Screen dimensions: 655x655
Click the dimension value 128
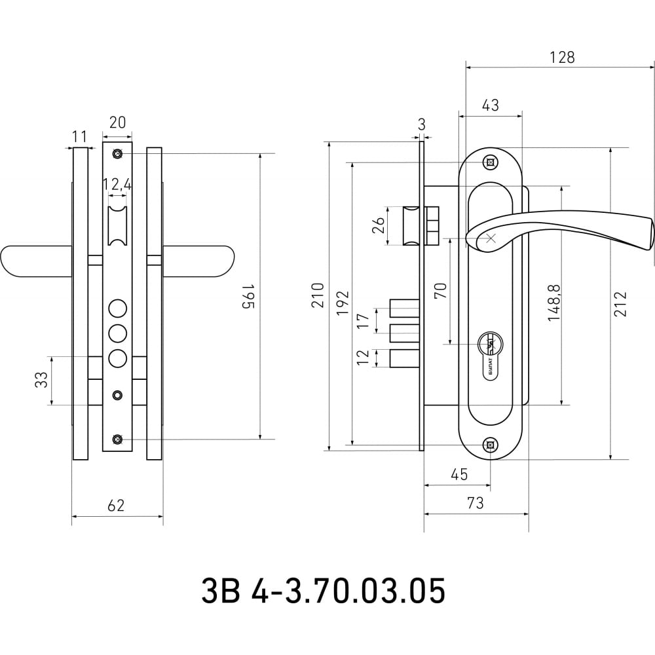[x=562, y=57]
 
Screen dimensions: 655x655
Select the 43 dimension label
[x=491, y=105]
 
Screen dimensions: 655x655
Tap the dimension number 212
[x=620, y=304]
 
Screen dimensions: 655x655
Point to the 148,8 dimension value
[x=554, y=303]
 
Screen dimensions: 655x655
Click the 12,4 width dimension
[x=117, y=184]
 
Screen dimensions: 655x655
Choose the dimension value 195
[x=248, y=297]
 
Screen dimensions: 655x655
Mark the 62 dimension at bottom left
[x=116, y=506]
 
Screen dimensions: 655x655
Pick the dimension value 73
[x=476, y=503]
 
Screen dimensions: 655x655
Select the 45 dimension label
[x=460, y=474]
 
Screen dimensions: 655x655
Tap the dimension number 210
[x=318, y=295]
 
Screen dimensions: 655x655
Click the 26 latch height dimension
[x=379, y=225]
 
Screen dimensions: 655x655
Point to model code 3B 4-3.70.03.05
[x=324, y=591]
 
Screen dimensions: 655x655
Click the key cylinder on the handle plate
[x=491, y=356]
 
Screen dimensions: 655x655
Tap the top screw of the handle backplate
[x=491, y=162]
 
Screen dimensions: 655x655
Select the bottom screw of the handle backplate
[x=491, y=445]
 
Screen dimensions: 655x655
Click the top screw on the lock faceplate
[x=117, y=154]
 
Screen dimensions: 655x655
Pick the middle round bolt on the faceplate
[x=117, y=333]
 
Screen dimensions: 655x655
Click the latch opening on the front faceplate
[x=117, y=225]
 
